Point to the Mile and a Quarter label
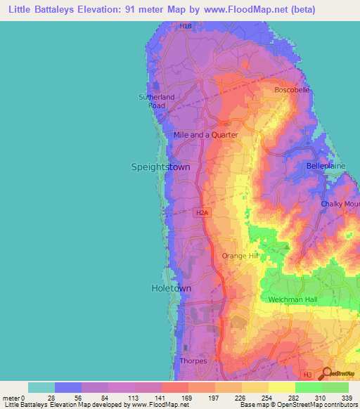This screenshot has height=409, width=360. [x=205, y=134]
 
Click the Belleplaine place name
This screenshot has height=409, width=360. [x=323, y=166]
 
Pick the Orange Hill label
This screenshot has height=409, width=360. [x=240, y=256]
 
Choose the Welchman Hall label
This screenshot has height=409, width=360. [x=295, y=300]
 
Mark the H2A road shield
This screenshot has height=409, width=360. [x=202, y=211]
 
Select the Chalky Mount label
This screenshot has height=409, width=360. [x=340, y=204]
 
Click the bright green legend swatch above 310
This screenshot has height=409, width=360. [x=308, y=387]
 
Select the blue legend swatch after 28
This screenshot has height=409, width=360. [x=68, y=387]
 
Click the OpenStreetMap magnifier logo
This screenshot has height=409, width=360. [x=328, y=374]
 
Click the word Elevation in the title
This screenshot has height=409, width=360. [x=115, y=10]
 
